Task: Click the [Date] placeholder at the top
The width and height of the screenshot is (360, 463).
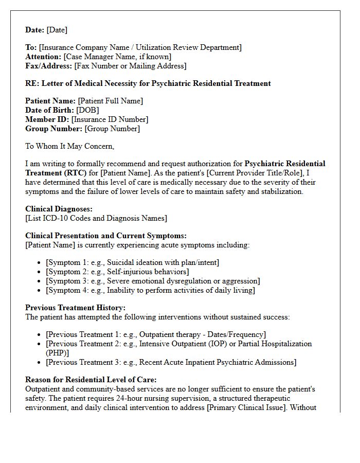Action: [x=57, y=30]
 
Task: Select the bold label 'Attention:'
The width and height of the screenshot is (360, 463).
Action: [x=43, y=57]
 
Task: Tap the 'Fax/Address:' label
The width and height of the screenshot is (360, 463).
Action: [x=49, y=66]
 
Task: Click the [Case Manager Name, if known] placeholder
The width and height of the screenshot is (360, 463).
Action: [x=117, y=57]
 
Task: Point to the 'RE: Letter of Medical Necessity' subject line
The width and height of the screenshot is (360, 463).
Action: [x=148, y=83]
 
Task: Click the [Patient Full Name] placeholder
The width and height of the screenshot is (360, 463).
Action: [x=111, y=101]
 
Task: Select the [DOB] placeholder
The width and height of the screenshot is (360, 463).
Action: [x=87, y=110]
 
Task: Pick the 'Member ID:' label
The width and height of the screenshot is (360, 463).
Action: [x=47, y=119]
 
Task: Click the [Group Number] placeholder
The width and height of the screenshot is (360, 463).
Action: [x=112, y=129]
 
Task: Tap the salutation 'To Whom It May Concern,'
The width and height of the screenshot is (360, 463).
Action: [x=69, y=146]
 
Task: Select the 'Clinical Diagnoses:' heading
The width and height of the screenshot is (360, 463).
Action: [x=59, y=209]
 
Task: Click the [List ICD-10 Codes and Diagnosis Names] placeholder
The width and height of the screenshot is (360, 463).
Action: [x=96, y=218]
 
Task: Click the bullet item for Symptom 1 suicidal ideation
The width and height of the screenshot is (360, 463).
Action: [x=133, y=262]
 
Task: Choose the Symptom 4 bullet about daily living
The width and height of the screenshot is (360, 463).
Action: [x=150, y=290]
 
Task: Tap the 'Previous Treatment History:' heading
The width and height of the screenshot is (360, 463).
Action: [x=75, y=308]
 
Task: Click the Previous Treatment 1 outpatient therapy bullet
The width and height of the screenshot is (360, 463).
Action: [x=156, y=334]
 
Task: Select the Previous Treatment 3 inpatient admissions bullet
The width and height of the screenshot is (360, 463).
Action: [x=171, y=362]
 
